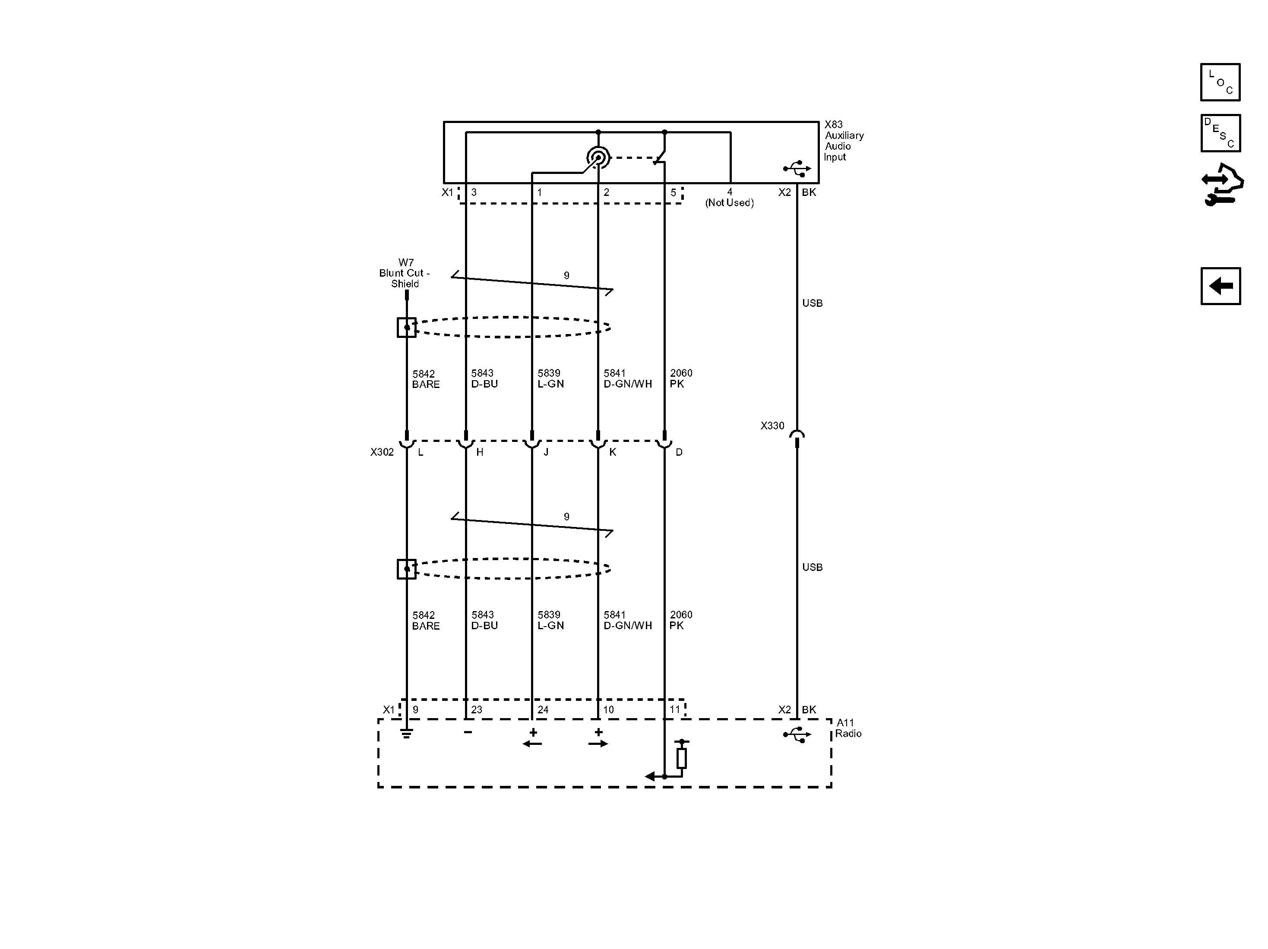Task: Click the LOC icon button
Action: tap(1221, 82)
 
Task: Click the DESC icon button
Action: tap(1221, 133)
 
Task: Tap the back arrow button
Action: tap(1221, 286)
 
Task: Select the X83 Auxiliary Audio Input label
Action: tap(844, 140)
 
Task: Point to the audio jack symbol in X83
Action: tap(598, 157)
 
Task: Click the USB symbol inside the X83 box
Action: tap(797, 168)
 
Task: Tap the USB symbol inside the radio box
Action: tap(797, 735)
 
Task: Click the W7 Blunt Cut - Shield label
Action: tap(405, 273)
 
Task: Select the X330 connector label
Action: tap(772, 426)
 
